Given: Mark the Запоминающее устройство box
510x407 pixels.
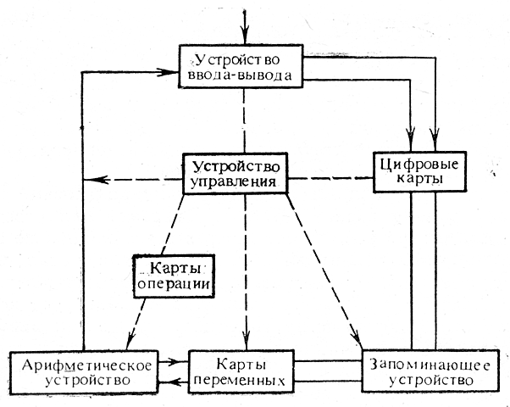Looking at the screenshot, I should [419, 371].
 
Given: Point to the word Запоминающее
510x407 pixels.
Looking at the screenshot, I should [419, 363].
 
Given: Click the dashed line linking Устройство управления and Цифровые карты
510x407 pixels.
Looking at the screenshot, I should [329, 180].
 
